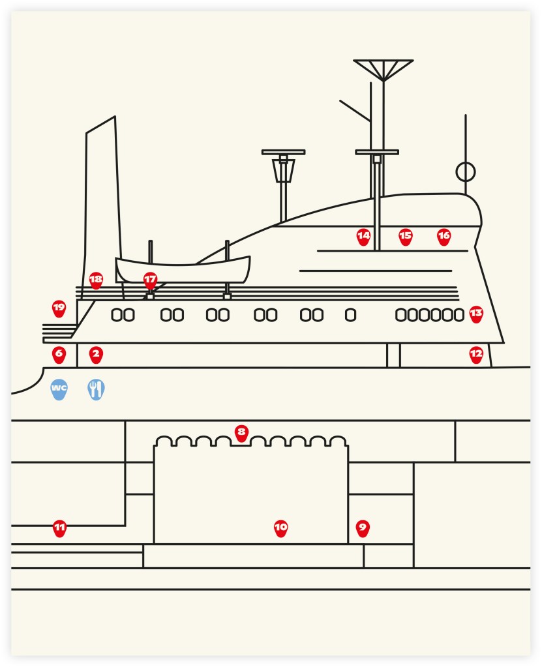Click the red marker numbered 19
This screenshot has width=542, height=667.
point(59,308)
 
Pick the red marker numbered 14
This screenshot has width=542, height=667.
point(363,236)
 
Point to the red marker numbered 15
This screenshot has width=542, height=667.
point(406,236)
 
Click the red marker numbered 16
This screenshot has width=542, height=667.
point(444,236)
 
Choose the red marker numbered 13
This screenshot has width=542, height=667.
point(476,314)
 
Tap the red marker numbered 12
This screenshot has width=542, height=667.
point(476,354)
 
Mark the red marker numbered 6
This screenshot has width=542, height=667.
point(59,355)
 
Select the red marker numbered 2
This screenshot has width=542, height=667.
point(96,355)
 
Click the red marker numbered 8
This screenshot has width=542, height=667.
point(241,432)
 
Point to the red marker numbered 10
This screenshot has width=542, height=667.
point(280,527)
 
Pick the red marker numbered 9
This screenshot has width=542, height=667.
point(363,527)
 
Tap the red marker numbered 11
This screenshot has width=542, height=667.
point(59,527)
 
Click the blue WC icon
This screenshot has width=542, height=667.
point(59,389)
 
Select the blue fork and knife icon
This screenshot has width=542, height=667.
point(96,389)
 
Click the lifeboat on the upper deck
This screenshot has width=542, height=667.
point(183,269)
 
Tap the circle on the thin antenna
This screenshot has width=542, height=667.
point(465,172)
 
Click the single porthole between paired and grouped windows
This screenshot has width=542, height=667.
point(350,315)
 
